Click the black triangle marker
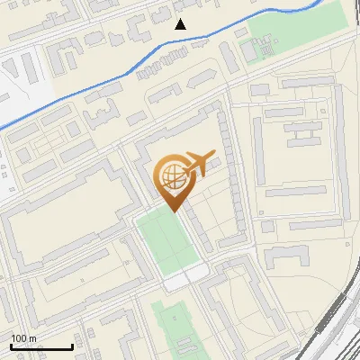181,23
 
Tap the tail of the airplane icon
183,166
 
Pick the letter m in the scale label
32,338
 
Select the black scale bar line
41,347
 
